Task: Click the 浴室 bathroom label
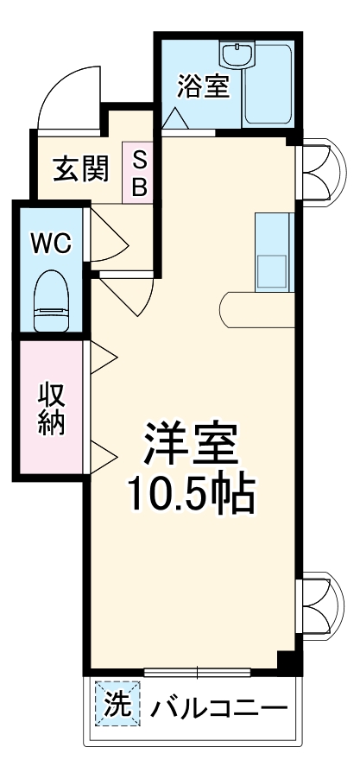pyautogui.click(x=205, y=87)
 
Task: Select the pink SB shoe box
pyautogui.click(x=139, y=174)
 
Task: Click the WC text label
pyautogui.click(x=51, y=244)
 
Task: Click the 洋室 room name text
pyautogui.click(x=188, y=446)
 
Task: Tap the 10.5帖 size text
pyautogui.click(x=190, y=494)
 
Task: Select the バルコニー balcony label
pyautogui.click(x=218, y=710)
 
